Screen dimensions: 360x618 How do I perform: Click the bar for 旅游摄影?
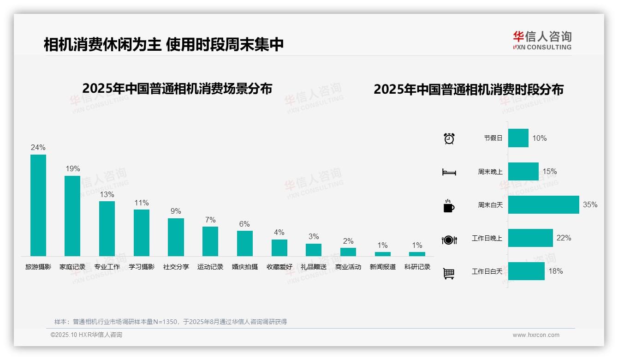[38, 205]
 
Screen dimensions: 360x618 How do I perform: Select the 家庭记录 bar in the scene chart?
[72, 216]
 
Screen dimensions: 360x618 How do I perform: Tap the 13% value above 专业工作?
[107, 194]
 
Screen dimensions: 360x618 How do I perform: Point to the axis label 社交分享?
[176, 267]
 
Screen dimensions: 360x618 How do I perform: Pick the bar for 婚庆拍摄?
[245, 243]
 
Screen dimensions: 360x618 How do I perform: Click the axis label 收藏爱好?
[279, 267]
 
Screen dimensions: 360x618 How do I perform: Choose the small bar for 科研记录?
[417, 254]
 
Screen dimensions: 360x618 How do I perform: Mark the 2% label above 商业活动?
[348, 241]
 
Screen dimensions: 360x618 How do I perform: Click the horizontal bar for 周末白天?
[543, 204]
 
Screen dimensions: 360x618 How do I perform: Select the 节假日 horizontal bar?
[518, 138]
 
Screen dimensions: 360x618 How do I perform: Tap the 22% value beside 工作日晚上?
[564, 238]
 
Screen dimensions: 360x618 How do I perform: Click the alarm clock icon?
[449, 138]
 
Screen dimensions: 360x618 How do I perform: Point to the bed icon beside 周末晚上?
[449, 172]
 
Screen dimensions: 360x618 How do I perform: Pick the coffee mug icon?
[449, 206]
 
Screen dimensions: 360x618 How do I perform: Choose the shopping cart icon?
[449, 273]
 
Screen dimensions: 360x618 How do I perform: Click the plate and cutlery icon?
[449, 240]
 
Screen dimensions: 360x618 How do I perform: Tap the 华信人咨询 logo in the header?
[542, 40]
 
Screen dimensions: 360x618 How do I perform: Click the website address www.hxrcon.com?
[536, 335]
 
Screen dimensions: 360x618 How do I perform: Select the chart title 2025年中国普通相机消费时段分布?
[469, 89]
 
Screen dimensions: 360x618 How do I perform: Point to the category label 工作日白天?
[487, 271]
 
